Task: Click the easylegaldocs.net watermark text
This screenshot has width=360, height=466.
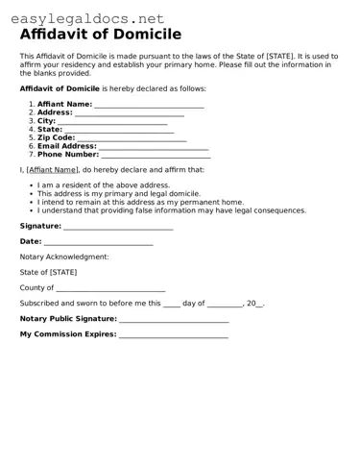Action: pos(87,18)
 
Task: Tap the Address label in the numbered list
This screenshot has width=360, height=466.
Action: pos(55,112)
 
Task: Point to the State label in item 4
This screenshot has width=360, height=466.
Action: pos(50,129)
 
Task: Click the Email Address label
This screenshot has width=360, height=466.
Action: pos(67,146)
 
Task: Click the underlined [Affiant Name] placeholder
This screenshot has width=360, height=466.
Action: pos(52,169)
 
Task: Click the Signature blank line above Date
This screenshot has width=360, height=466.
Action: pos(118,228)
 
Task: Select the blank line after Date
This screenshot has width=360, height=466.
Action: pos(98,243)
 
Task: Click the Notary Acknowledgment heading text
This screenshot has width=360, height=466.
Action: pos(64,257)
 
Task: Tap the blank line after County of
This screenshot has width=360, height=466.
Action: pos(110,289)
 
